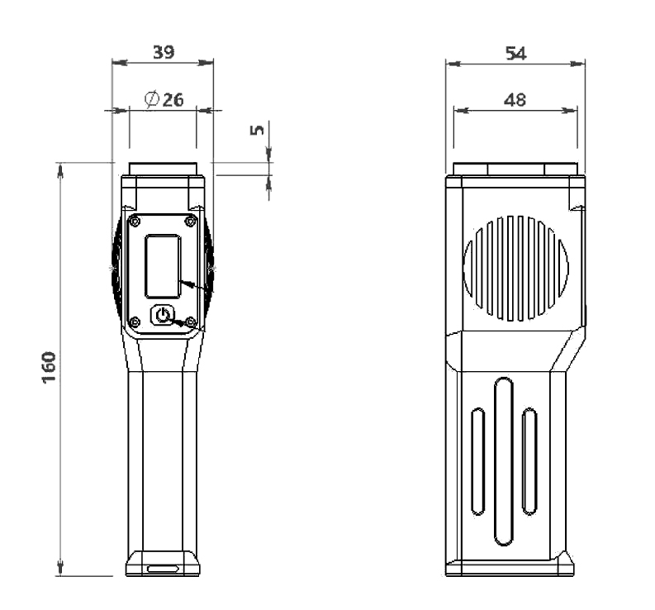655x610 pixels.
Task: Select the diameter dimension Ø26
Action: [x=164, y=100]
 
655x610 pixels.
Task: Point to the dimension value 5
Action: [x=257, y=130]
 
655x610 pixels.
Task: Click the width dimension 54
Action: [x=516, y=53]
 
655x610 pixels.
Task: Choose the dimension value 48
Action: [x=515, y=99]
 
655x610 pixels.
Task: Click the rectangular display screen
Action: [x=163, y=266]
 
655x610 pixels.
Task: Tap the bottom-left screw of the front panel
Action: [x=135, y=321]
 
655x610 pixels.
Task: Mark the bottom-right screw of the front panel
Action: [x=191, y=321]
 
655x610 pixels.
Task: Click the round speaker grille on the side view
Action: [x=516, y=266]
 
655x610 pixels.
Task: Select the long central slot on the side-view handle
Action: [x=504, y=460]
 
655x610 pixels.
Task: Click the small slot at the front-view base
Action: [x=163, y=569]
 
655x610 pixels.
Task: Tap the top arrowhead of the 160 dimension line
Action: [x=60, y=168]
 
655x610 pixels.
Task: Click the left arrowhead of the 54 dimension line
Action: [x=451, y=63]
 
